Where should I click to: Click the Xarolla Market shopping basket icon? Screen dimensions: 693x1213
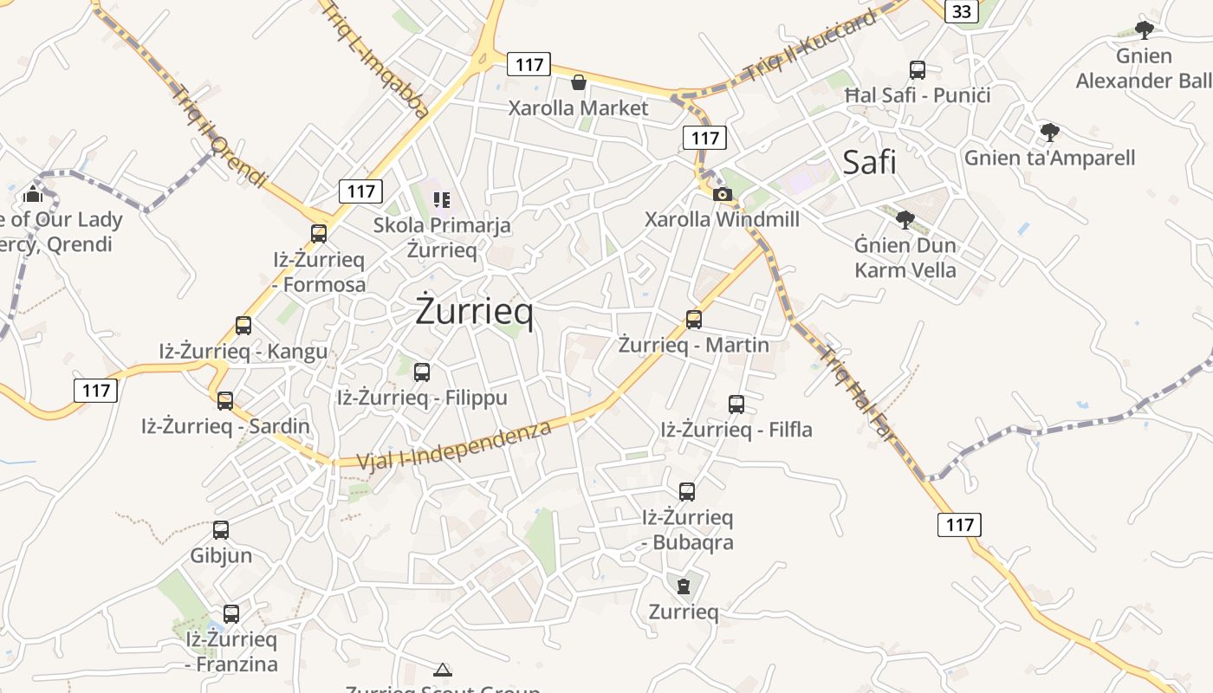pyautogui.click(x=578, y=82)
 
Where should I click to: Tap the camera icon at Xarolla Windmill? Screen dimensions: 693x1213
pyautogui.click(x=723, y=194)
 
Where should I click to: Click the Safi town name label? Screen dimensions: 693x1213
pyautogui.click(x=869, y=162)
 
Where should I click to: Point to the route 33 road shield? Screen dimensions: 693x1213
pyautogui.click(x=962, y=11)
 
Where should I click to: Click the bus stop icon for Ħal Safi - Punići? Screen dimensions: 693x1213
pyautogui.click(x=918, y=70)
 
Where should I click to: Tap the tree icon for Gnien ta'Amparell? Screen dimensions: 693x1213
pyautogui.click(x=1050, y=133)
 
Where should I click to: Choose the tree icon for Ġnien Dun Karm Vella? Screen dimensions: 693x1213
pyautogui.click(x=905, y=220)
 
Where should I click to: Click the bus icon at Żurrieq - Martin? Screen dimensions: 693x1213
pyautogui.click(x=694, y=320)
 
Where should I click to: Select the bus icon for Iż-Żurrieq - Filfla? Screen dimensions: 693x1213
pyautogui.click(x=736, y=405)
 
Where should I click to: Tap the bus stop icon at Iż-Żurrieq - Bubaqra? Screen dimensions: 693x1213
pyautogui.click(x=687, y=492)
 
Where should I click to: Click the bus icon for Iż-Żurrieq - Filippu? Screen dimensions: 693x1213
pyautogui.click(x=422, y=372)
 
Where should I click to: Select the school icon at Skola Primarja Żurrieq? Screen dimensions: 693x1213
pyautogui.click(x=442, y=201)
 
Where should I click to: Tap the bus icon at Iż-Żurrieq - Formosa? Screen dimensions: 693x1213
pyautogui.click(x=319, y=234)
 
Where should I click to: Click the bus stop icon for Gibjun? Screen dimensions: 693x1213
pyautogui.click(x=221, y=530)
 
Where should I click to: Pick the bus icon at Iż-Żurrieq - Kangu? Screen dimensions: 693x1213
pyautogui.click(x=243, y=326)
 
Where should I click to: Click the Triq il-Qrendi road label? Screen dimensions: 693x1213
pyautogui.click(x=222, y=136)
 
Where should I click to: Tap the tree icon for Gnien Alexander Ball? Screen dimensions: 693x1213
pyautogui.click(x=1145, y=30)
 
